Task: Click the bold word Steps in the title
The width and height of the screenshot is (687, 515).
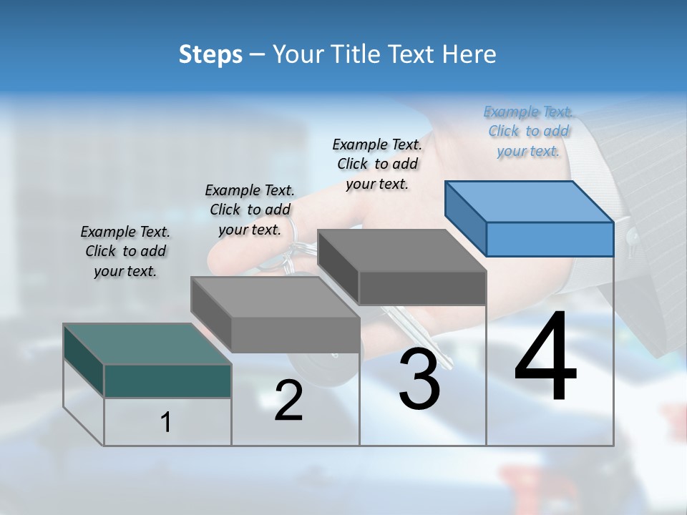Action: (210, 54)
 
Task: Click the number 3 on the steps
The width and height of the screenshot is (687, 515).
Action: (419, 380)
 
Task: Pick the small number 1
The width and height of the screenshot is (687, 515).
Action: (166, 423)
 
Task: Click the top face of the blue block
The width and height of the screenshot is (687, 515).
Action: (530, 202)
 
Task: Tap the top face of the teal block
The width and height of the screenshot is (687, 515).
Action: (147, 344)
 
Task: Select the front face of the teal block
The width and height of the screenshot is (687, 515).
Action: (167, 381)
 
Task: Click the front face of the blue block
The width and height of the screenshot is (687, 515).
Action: (550, 239)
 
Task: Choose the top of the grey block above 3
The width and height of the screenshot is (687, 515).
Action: (402, 250)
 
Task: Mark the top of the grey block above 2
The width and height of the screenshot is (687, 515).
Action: (275, 297)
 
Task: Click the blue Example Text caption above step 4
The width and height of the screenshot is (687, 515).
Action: (528, 132)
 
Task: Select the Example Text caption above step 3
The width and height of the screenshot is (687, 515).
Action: (377, 164)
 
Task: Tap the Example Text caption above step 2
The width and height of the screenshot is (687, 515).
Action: (250, 210)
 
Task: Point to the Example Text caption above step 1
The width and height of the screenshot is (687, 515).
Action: (125, 251)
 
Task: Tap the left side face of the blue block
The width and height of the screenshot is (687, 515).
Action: (465, 218)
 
